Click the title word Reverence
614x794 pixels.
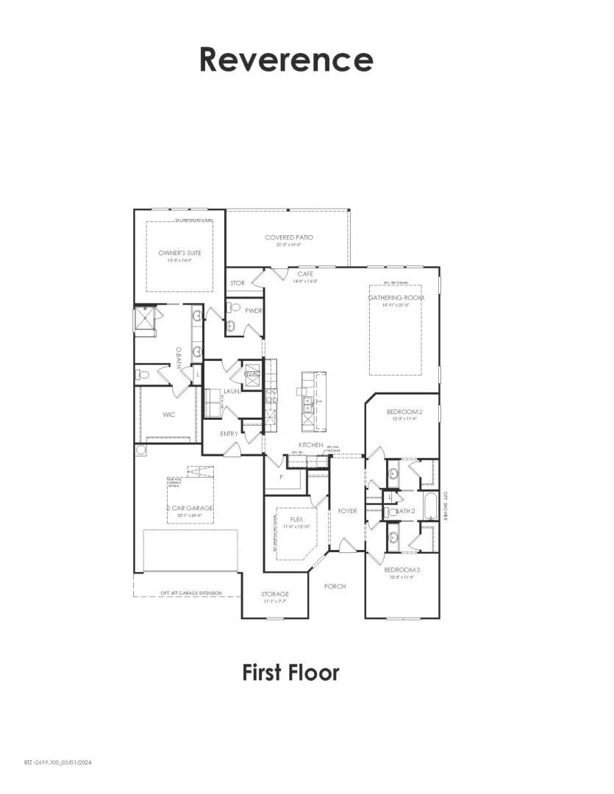(x=286, y=59)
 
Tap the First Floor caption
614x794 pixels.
(x=290, y=672)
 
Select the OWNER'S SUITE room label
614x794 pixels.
(x=179, y=253)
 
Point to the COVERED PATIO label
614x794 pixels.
(x=289, y=237)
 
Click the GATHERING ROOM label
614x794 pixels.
(x=395, y=297)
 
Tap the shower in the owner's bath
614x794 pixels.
(x=145, y=321)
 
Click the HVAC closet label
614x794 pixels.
(x=251, y=373)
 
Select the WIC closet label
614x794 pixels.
(x=168, y=415)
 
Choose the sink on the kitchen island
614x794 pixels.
(x=308, y=401)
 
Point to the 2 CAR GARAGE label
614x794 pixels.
(x=189, y=508)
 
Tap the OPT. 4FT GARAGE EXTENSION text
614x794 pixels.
(x=190, y=593)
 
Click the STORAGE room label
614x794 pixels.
(x=274, y=594)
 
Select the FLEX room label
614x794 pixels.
(x=296, y=519)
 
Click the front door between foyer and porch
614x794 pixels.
(x=346, y=546)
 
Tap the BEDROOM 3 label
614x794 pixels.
(x=401, y=570)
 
